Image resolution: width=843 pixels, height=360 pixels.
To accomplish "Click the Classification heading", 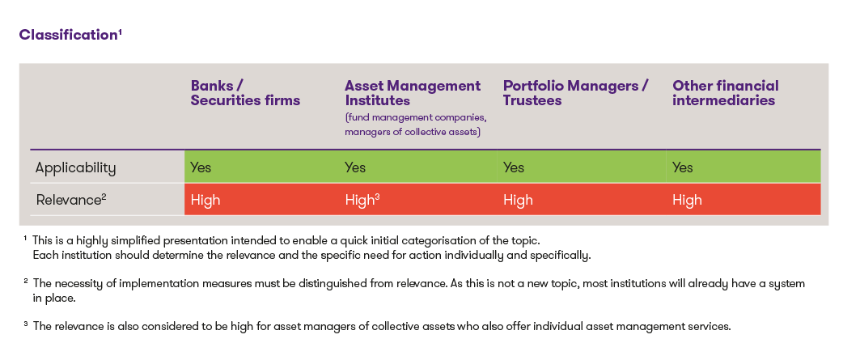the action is [x=70, y=35].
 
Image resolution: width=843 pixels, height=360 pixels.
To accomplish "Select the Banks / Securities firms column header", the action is [x=245, y=93].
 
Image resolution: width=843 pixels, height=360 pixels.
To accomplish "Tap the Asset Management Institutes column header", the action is [x=413, y=93].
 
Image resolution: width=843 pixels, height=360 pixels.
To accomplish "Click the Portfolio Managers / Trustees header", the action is [x=576, y=93].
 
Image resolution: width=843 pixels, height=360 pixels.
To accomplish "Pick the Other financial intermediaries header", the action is [x=725, y=93].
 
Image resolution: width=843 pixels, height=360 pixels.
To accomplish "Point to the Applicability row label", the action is [x=75, y=168].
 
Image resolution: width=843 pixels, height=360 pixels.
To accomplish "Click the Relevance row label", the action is [x=71, y=200].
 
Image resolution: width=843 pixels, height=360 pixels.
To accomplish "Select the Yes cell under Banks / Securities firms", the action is [x=201, y=167].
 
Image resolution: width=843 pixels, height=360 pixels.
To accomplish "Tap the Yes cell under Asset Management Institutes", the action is [x=355, y=167].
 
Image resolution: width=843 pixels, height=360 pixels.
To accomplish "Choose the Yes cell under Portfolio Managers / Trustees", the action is [x=514, y=167].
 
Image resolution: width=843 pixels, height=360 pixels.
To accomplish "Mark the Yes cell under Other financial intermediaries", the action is [x=682, y=167].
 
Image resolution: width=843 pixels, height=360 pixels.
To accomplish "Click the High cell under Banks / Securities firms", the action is [x=205, y=201].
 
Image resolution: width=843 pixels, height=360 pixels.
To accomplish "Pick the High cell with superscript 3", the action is [x=362, y=201].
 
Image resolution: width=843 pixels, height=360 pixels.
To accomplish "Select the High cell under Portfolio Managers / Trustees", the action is [x=518, y=201].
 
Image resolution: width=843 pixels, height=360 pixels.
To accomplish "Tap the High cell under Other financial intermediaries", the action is [x=687, y=201].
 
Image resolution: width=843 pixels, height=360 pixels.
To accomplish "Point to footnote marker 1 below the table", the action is [x=25, y=238].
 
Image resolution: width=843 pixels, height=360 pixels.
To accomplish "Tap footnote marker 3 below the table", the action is [x=25, y=324].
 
